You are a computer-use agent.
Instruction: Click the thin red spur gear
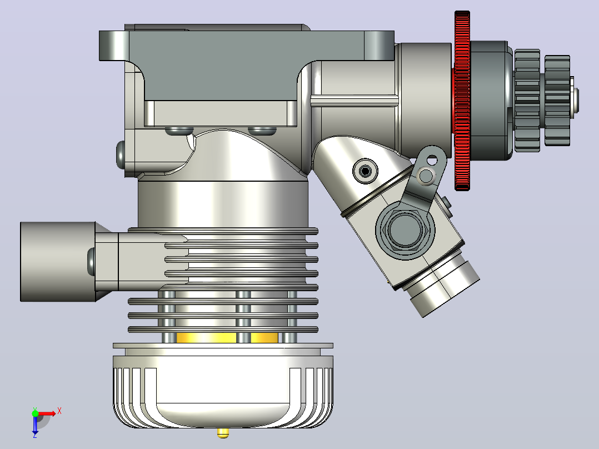click(462, 101)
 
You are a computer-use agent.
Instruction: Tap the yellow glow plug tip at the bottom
click(223, 432)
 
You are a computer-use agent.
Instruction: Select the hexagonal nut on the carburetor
click(405, 230)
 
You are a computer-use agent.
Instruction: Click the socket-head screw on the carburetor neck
click(365, 171)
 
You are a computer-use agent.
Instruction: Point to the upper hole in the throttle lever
click(432, 160)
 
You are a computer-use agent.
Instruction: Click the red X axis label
click(59, 411)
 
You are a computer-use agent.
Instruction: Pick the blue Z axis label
click(35, 435)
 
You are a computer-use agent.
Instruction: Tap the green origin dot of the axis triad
click(35, 413)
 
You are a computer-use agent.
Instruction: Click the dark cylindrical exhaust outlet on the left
click(58, 262)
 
